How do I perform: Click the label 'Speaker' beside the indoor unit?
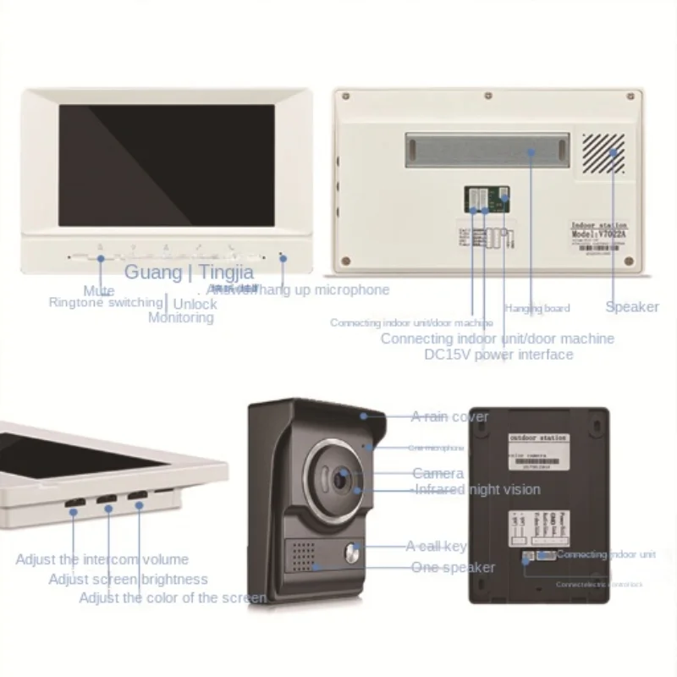(x=632, y=306)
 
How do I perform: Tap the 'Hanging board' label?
(x=537, y=308)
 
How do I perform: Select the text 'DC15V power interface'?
(x=498, y=355)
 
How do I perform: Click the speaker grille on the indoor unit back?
(x=604, y=153)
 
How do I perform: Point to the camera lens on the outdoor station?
(x=341, y=478)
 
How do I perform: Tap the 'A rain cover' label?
(x=449, y=416)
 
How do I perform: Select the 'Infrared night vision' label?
(x=476, y=489)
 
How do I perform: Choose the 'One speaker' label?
(x=453, y=567)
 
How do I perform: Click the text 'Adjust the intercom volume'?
(x=102, y=559)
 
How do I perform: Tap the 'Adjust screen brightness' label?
(x=128, y=580)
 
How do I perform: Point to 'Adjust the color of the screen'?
(x=173, y=597)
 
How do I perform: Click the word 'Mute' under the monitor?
(x=99, y=291)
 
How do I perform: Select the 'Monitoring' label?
(x=181, y=317)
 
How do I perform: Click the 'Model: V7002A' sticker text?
(x=599, y=233)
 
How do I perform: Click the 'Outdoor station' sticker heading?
(x=532, y=439)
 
